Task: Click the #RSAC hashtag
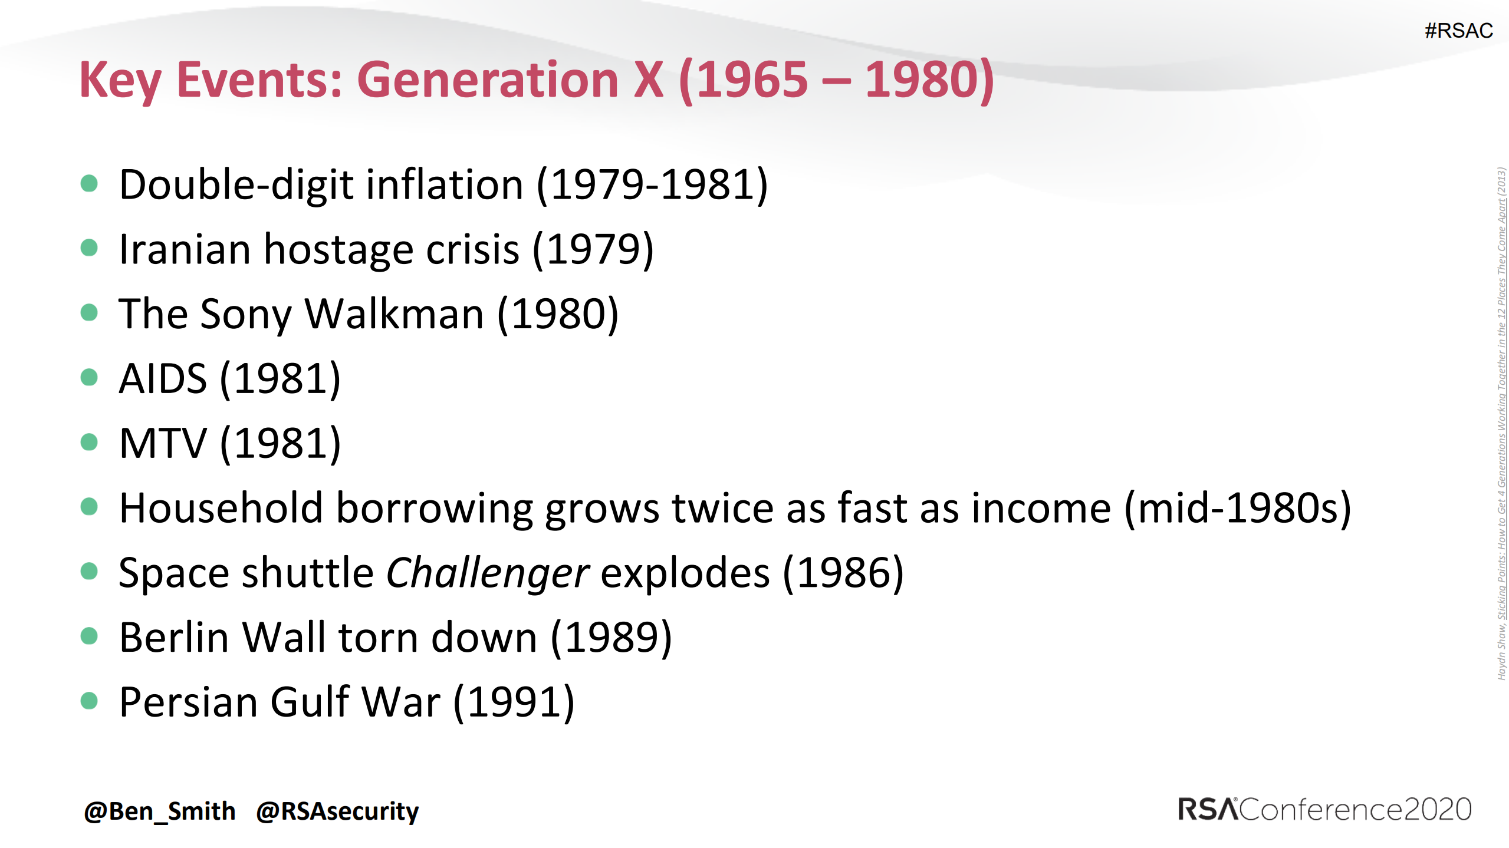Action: [1458, 31]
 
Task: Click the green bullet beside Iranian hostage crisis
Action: [89, 248]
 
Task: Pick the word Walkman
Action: [394, 314]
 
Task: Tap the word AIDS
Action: [163, 378]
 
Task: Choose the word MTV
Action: [163, 443]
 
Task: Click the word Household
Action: [221, 508]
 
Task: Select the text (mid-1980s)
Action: [1238, 508]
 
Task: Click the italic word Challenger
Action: [487, 573]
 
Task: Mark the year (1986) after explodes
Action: [843, 573]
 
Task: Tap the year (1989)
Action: [611, 638]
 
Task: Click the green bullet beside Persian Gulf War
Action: [89, 701]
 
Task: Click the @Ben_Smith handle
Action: [160, 811]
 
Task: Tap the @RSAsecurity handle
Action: [337, 811]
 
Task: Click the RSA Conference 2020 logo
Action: [1324, 810]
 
